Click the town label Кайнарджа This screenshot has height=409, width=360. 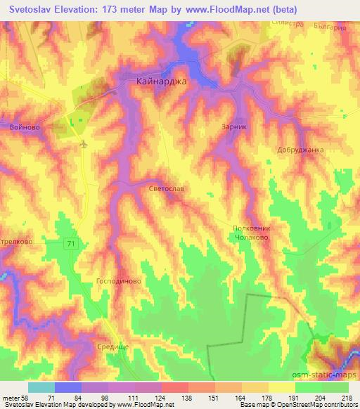tap(161, 82)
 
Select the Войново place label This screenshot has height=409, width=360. tap(25, 127)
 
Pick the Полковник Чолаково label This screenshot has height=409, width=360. tap(251, 233)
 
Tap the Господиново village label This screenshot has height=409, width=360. tap(119, 280)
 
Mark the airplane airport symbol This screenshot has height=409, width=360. tap(84, 145)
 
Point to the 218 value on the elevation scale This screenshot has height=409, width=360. tap(347, 398)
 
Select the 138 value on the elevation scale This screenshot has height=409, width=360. tap(187, 398)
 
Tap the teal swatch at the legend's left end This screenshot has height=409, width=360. tap(41, 387)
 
